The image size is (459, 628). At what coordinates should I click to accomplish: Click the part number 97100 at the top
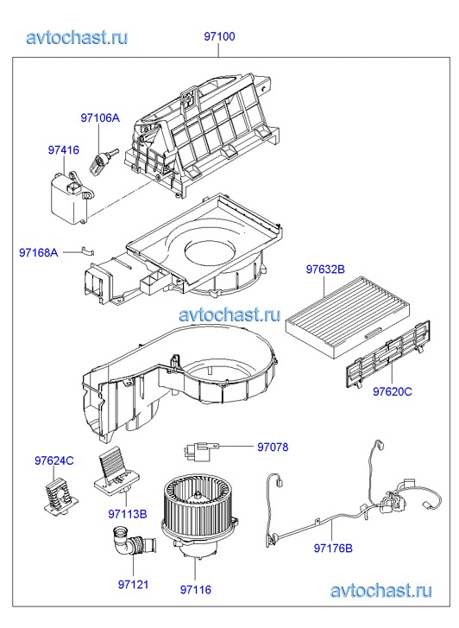point(219,36)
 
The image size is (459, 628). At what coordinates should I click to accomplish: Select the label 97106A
point(100,117)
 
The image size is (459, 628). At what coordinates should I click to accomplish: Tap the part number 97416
point(64,149)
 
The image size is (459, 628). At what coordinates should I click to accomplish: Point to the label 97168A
point(39,253)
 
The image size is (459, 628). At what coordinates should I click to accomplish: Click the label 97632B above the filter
point(325,270)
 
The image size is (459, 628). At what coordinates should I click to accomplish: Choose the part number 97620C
point(393,391)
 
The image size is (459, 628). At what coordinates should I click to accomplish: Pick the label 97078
point(273,447)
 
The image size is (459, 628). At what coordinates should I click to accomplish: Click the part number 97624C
point(54,460)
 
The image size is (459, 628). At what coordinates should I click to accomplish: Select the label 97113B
point(127,513)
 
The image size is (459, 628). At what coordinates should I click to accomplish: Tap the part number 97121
point(133,584)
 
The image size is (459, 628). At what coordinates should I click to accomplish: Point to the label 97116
point(196,589)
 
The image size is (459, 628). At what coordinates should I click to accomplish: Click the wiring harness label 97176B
point(333,548)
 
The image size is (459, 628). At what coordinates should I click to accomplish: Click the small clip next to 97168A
point(88,251)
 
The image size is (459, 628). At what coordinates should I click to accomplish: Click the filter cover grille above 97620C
point(387,353)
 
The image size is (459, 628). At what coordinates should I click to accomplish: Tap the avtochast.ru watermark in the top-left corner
point(78,37)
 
